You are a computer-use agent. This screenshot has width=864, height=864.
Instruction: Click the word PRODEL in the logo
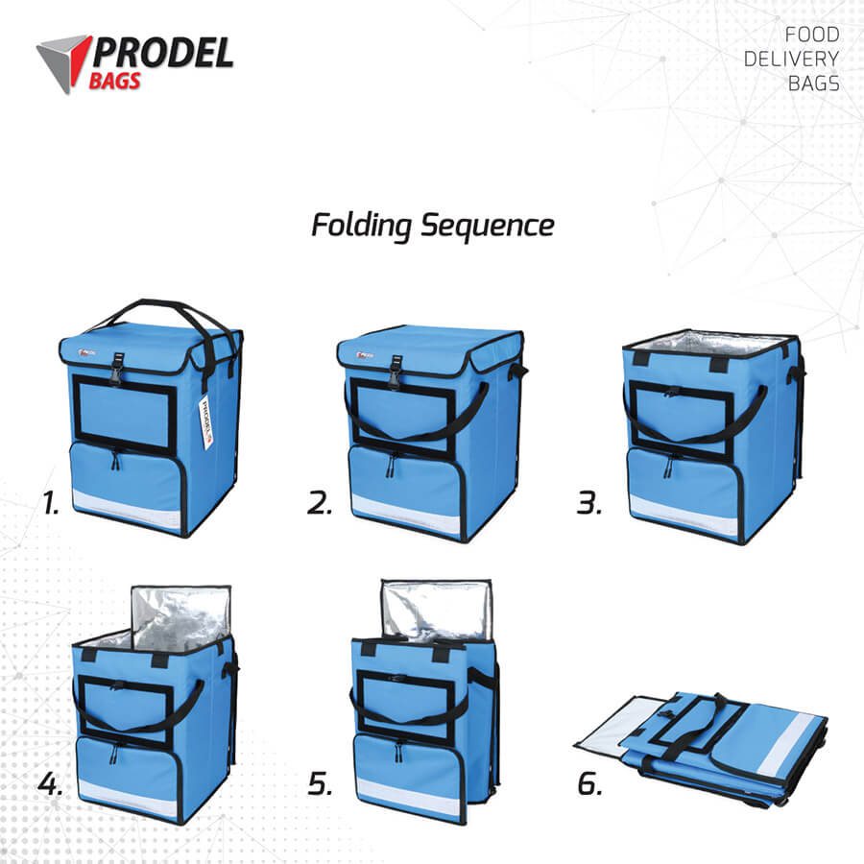[163, 53]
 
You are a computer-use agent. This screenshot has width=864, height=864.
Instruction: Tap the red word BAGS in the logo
[114, 81]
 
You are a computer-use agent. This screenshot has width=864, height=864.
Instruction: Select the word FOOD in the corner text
[811, 35]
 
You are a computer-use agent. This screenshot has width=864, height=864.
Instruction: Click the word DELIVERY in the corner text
[791, 59]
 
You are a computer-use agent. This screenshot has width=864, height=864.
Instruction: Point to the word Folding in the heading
[362, 226]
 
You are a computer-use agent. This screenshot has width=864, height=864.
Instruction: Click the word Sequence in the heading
[488, 226]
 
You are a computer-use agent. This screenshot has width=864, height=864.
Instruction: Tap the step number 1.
[51, 503]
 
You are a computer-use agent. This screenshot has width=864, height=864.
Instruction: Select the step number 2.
[320, 503]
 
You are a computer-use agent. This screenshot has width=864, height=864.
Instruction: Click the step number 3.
[589, 503]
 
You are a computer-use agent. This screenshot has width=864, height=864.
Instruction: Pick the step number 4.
[50, 783]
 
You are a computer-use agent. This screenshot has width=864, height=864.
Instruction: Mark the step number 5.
[320, 783]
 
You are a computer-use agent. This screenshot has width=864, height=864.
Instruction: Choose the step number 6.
[589, 783]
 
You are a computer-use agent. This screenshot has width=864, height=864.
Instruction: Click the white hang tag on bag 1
[205, 421]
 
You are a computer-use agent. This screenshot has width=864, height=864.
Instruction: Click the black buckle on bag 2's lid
[396, 371]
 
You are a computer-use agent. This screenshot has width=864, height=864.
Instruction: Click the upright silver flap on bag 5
[436, 609]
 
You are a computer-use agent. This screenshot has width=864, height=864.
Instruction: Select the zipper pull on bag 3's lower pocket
[668, 467]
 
